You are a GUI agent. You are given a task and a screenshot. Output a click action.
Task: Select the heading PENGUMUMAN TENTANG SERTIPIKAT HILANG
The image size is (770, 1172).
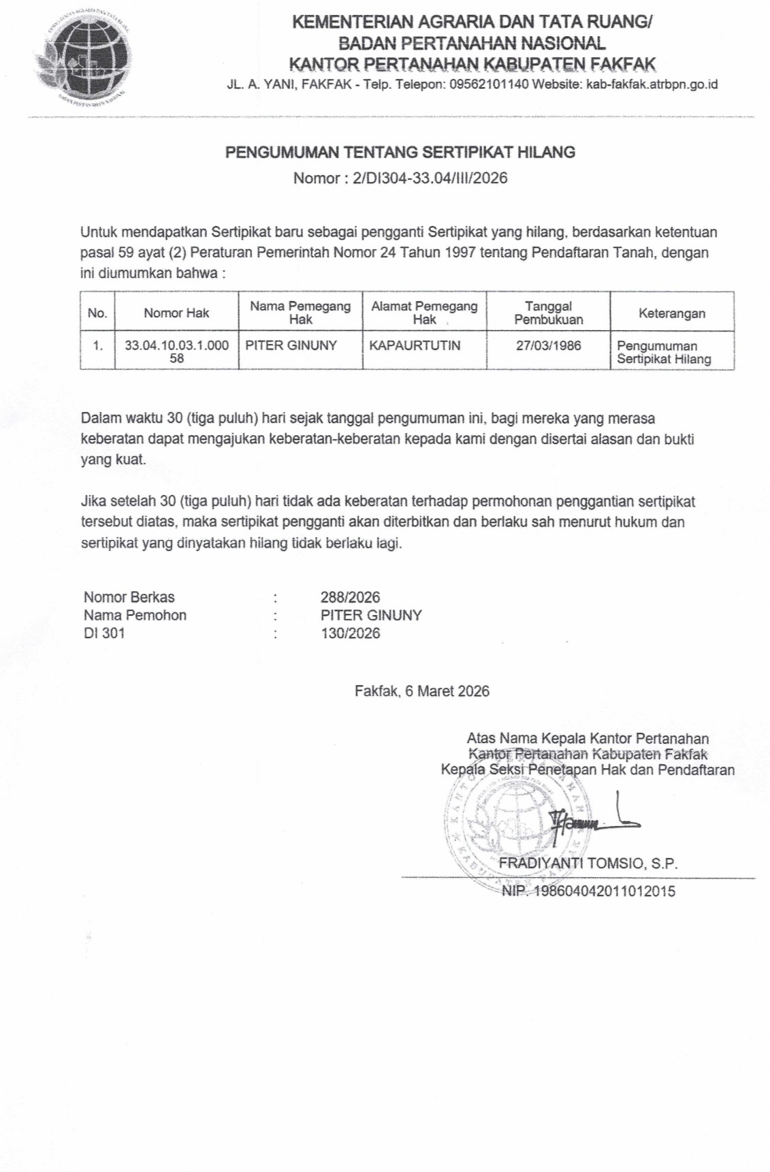click(x=400, y=152)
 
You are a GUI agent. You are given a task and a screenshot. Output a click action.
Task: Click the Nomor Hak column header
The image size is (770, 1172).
click(x=176, y=313)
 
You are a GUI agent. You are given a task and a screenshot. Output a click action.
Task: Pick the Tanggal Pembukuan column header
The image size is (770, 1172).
click(x=548, y=313)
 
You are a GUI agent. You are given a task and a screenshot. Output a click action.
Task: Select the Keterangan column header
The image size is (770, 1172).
click(x=671, y=313)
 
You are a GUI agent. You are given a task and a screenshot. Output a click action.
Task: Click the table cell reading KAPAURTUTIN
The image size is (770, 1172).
click(x=415, y=345)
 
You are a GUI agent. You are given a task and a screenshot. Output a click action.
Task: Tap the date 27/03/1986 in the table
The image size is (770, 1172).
click(x=548, y=345)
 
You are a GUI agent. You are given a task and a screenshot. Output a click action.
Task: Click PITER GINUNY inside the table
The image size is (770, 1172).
click(x=291, y=345)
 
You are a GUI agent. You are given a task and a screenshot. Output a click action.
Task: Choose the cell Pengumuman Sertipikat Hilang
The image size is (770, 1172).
click(x=664, y=352)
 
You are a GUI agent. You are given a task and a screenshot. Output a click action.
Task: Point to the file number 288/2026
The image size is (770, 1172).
click(x=350, y=597)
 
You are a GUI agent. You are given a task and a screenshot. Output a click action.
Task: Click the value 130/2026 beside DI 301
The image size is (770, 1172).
click(x=350, y=633)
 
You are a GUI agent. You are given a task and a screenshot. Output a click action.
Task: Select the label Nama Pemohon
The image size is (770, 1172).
click(x=135, y=615)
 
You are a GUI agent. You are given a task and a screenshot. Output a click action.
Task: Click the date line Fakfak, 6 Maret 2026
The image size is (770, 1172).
click(x=421, y=691)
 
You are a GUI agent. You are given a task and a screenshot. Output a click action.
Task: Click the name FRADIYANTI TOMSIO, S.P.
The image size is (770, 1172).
click(x=588, y=864)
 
